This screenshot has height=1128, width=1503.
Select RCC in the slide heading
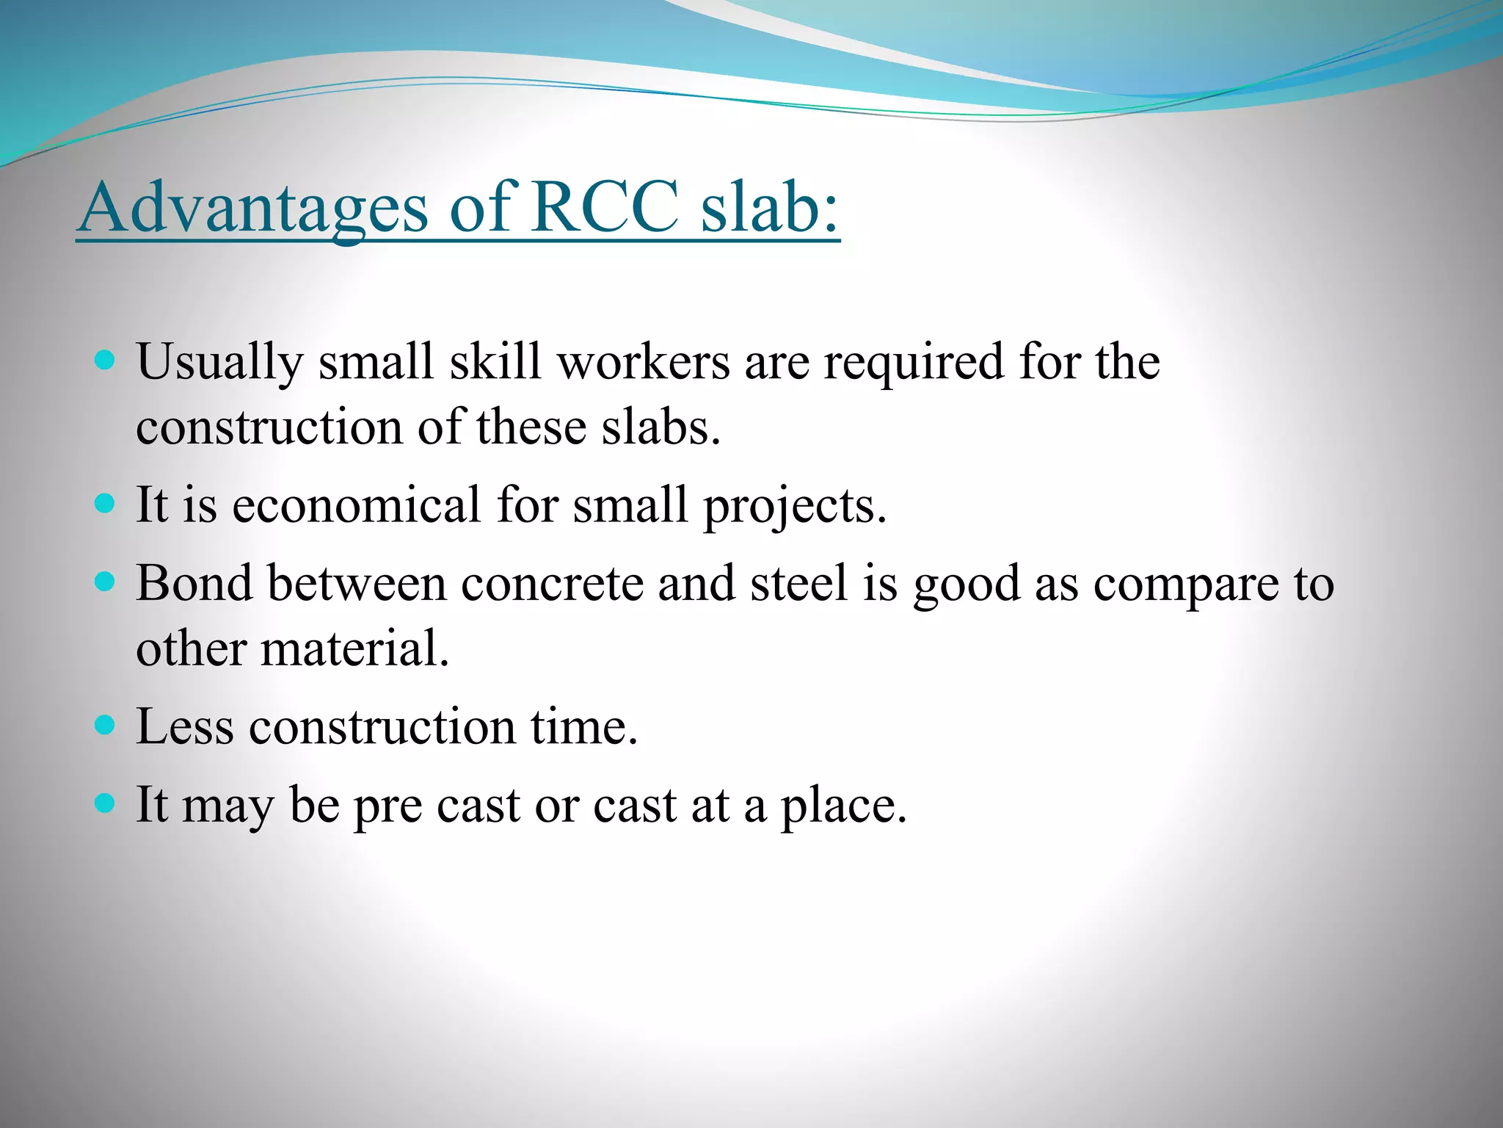605,207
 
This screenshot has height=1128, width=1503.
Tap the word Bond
194,584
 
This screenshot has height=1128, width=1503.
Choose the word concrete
552,584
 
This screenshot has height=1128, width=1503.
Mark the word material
354,649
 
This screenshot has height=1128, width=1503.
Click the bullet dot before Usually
106,361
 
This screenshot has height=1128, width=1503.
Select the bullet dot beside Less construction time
106,726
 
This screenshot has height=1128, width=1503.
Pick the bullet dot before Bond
106,583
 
